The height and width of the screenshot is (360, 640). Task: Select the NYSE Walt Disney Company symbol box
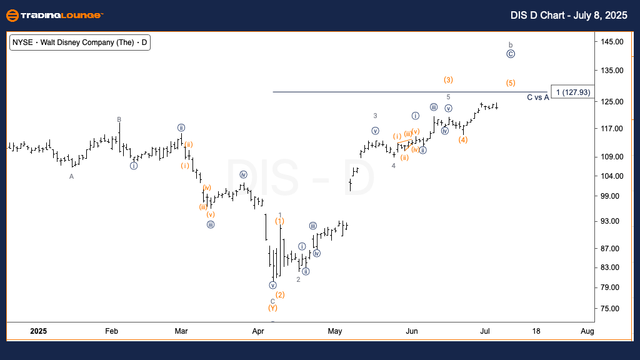tap(79, 42)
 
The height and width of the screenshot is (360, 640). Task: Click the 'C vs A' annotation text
tap(537, 97)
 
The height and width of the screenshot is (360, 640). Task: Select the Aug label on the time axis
tap(587, 331)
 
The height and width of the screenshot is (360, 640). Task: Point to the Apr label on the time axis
tap(258, 331)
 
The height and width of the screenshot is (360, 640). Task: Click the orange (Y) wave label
tap(272, 308)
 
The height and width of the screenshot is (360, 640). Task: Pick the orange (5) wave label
tap(511, 83)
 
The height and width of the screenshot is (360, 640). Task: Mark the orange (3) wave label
tap(448, 79)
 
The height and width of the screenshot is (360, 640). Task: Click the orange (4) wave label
tap(462, 139)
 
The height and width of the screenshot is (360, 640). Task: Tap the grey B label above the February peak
tap(119, 119)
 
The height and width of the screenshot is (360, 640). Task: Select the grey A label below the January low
tap(71, 176)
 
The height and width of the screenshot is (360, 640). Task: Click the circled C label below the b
tap(511, 54)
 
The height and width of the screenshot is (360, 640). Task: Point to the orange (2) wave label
tap(280, 295)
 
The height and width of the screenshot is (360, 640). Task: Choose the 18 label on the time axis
tap(536, 331)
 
